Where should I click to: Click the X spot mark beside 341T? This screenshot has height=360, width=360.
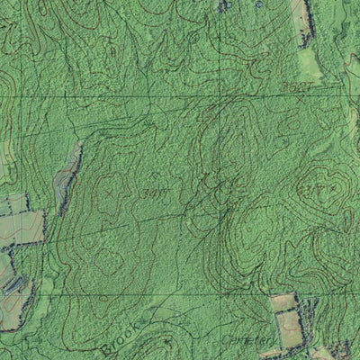111,192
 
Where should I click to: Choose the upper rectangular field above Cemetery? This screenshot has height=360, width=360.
284,302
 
